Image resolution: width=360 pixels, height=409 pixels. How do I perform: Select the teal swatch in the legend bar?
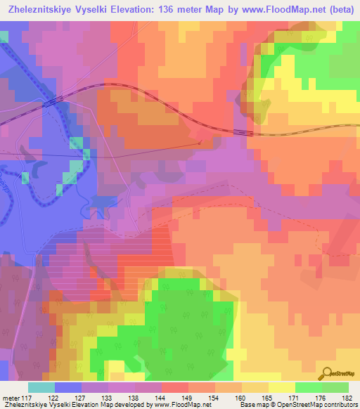coord(41,387)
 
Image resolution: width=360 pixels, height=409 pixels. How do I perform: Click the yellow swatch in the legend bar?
coord(281,387)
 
